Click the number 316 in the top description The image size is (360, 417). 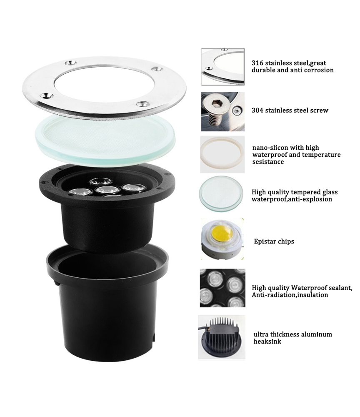[257, 63]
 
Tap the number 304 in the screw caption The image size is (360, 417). [257, 111]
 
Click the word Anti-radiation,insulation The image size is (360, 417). [290, 295]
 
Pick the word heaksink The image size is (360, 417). [267, 342]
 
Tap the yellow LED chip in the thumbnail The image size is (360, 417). [222, 234]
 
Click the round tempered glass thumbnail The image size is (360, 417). [221, 194]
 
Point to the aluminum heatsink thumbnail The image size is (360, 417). [222, 337]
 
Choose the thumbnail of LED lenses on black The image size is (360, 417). [222, 288]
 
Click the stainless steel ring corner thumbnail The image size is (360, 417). [222, 67]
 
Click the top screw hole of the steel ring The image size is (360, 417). [71, 63]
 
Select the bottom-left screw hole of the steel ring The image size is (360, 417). [47, 95]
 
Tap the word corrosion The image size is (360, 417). [319, 70]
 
